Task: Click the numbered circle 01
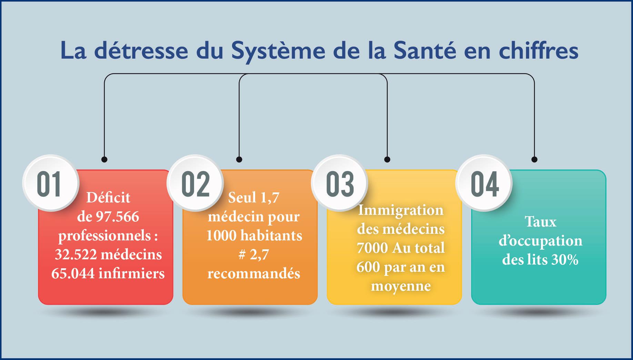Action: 50,183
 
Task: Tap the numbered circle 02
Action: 195,183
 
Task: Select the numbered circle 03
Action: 340,183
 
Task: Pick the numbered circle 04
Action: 484,183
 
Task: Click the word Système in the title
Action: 278,50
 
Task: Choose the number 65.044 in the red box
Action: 73,274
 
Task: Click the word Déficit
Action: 108,198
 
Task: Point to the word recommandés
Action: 254,274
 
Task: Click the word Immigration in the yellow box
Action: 401,210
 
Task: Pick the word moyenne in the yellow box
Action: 401,286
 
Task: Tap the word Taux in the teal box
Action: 541,222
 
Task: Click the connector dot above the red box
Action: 104,159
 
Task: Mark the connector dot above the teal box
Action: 534,159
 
